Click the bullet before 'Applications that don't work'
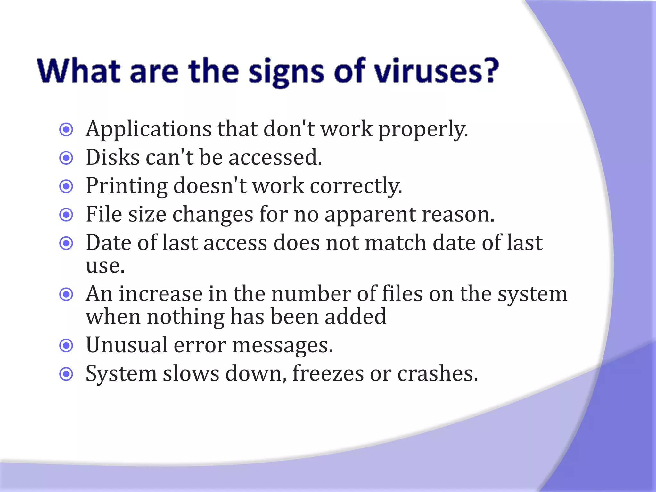pos(66,130)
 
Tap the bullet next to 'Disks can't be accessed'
pos(66,158)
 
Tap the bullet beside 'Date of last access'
pos(66,243)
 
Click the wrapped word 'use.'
pos(105,266)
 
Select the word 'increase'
pos(161,294)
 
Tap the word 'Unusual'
pos(127,345)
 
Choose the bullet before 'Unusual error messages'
pos(66,346)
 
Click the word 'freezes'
pos(328,373)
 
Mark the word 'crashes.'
pos(438,373)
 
